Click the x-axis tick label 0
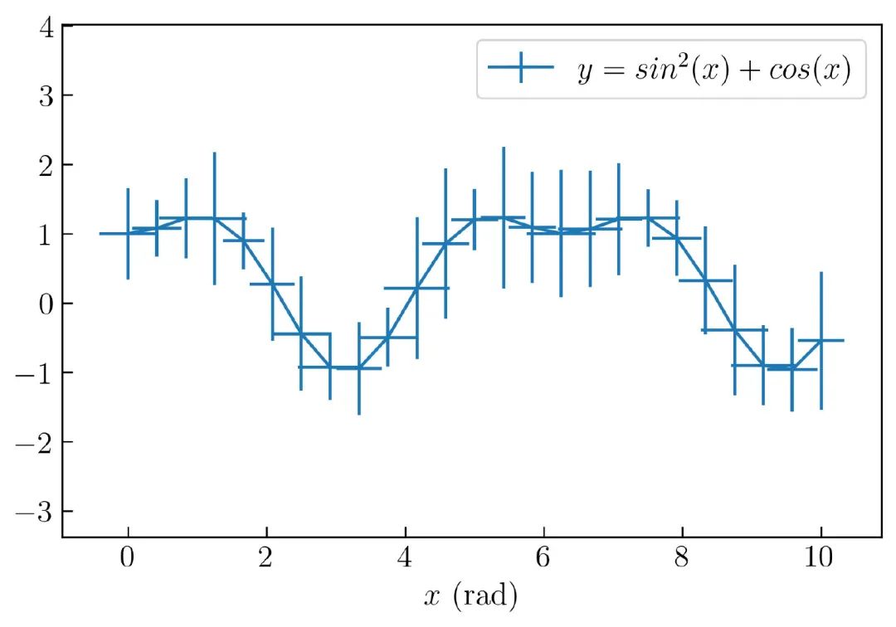coord(128,557)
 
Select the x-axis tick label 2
coord(266,557)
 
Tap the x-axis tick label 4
coord(405,557)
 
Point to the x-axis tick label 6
coord(543,557)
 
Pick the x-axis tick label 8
coord(682,557)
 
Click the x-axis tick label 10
coord(821,557)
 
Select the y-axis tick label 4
coord(46,27)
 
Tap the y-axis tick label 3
coord(46,95)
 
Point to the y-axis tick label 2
coord(46,164)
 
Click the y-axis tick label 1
coord(46,234)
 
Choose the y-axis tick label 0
coord(46,303)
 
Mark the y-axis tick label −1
coord(37,372)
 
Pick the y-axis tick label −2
coord(37,441)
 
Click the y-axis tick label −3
coord(37,510)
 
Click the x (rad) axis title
coord(470,595)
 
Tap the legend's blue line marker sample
coord(520,70)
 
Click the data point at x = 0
coord(128,234)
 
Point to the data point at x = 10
coord(821,340)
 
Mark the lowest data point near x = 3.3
coord(358,367)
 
